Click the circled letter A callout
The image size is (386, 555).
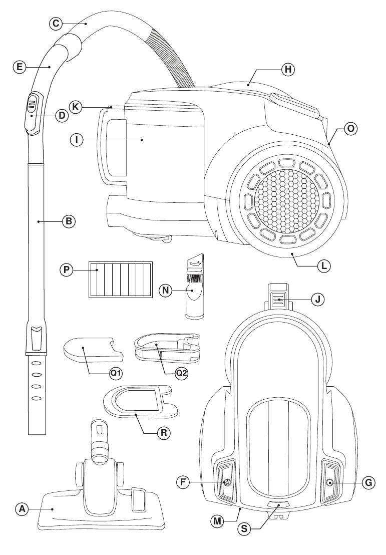coord(22,509)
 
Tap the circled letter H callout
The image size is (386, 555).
coord(288,69)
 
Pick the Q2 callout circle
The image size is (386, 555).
coord(181,374)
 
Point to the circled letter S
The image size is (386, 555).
coord(244,529)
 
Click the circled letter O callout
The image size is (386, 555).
coord(350,128)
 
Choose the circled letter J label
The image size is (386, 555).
coord(317,300)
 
